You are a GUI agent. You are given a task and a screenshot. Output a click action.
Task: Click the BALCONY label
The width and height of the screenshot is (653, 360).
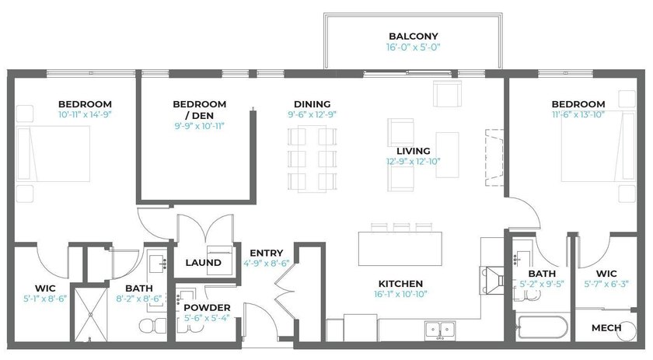[413, 37]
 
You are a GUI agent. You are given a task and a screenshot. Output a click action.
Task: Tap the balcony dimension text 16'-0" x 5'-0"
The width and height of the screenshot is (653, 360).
[413, 47]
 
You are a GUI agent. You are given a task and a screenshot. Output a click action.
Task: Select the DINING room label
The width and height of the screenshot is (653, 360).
[312, 104]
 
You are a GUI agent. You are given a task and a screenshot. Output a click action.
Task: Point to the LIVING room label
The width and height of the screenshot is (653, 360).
[413, 151]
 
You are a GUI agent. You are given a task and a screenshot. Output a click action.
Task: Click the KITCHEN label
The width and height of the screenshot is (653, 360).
[400, 284]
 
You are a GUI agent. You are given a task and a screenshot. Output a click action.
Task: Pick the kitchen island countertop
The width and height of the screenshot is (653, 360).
[400, 249]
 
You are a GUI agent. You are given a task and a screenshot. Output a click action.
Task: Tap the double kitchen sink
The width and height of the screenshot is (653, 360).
[440, 330]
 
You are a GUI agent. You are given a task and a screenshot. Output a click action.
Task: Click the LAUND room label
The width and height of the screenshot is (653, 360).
[203, 263]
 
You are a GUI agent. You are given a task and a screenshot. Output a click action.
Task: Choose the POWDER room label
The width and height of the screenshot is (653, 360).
[207, 308]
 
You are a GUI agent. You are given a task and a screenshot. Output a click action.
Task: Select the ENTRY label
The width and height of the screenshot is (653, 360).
[267, 253]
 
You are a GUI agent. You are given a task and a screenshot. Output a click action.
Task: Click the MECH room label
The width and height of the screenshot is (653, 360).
[606, 328]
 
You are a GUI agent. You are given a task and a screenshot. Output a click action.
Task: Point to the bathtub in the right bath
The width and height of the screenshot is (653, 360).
[543, 327]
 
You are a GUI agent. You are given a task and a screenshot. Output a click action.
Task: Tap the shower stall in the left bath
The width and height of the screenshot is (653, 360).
[91, 314]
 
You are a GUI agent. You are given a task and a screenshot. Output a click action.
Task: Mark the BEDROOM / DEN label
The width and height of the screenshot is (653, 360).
[200, 110]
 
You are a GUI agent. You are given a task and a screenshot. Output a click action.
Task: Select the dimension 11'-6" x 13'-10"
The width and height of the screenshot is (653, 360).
[578, 114]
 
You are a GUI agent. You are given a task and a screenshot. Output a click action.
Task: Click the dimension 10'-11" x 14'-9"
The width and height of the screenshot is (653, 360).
[85, 114]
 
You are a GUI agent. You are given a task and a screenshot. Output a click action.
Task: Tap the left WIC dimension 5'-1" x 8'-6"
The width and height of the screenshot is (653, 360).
[45, 299]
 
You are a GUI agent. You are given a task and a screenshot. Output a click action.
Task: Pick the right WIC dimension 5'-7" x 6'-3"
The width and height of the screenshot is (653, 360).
[606, 284]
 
